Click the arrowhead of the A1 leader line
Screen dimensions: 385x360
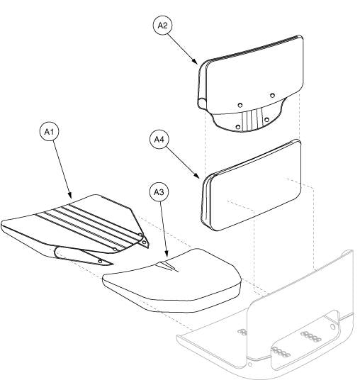[x=69, y=196]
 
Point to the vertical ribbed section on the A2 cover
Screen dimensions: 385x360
[x=253, y=116]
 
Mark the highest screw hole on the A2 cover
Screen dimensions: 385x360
[x=273, y=94]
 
